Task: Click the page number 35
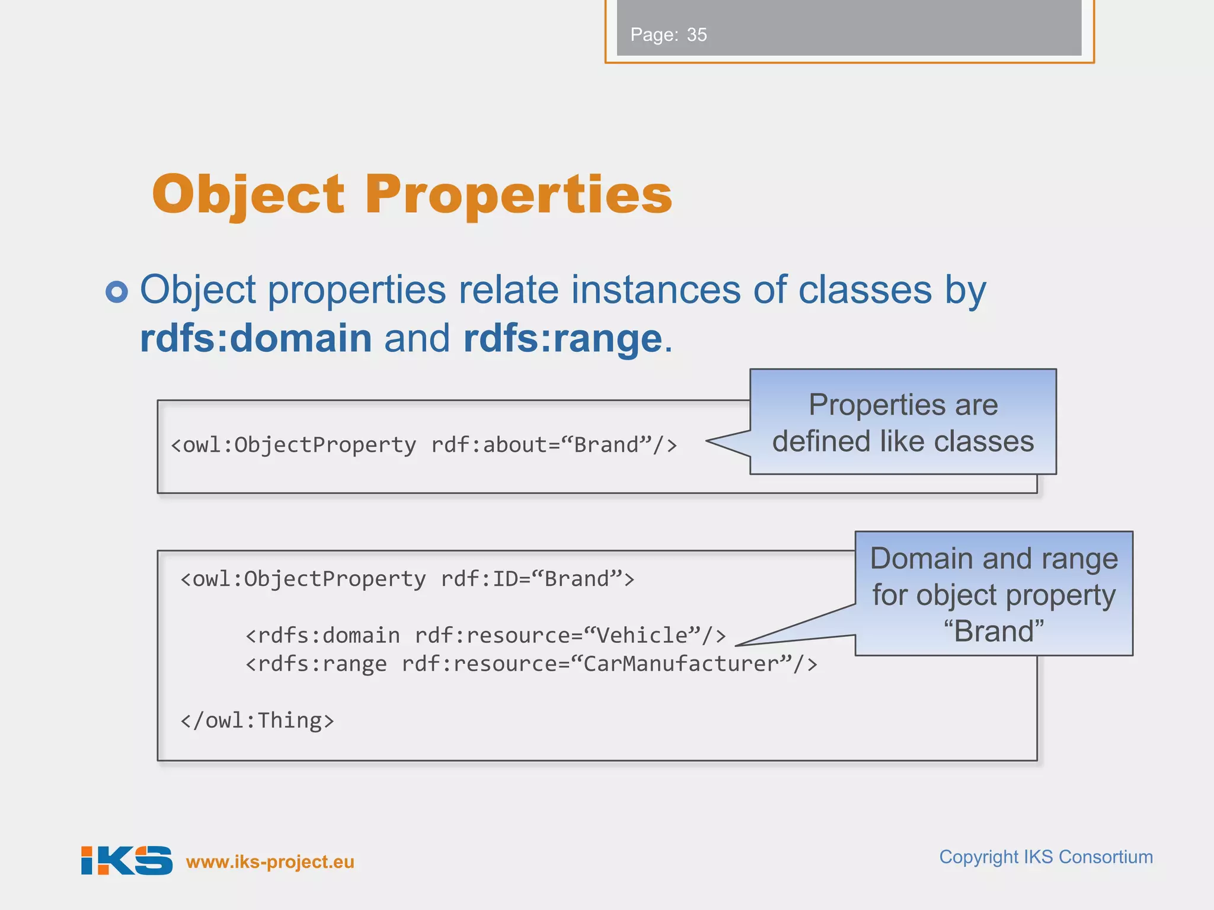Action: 697,35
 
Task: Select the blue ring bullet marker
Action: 117,291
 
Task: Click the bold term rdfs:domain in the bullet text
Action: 255,338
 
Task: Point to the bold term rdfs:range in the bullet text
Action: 563,338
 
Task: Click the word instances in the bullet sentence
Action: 655,290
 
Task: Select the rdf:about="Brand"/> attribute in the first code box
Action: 554,445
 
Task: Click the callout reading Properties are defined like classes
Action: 903,422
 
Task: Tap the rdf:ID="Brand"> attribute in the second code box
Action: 537,579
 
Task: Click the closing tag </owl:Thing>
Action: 257,721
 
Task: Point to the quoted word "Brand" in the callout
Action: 993,632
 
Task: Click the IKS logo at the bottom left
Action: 127,860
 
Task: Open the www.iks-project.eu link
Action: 270,862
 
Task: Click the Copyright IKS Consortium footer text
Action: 1046,857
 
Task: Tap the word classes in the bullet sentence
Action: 865,290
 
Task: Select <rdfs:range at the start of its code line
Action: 316,664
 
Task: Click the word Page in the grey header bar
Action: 653,35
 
